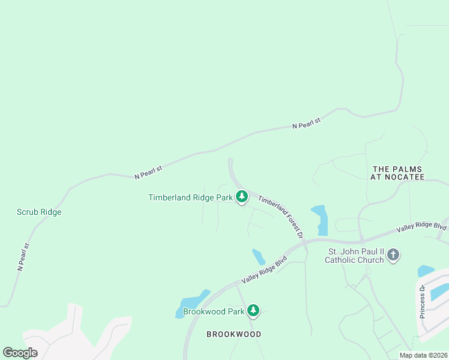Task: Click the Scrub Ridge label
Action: pyautogui.click(x=39, y=212)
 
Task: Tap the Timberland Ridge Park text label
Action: pyautogui.click(x=190, y=197)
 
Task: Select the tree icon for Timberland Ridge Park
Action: pyautogui.click(x=241, y=196)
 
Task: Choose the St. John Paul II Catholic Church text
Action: pyautogui.click(x=354, y=256)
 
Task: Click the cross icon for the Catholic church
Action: pyautogui.click(x=393, y=255)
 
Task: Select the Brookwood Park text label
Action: pyautogui.click(x=214, y=311)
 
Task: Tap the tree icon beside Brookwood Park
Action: pyautogui.click(x=254, y=310)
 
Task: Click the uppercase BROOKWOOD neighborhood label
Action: pyautogui.click(x=234, y=334)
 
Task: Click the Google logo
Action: pyautogui.click(x=20, y=352)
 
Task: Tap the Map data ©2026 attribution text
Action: pyautogui.click(x=424, y=355)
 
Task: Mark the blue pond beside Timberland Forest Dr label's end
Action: pyautogui.click(x=321, y=220)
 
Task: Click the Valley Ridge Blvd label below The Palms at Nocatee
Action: pyautogui.click(x=422, y=227)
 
